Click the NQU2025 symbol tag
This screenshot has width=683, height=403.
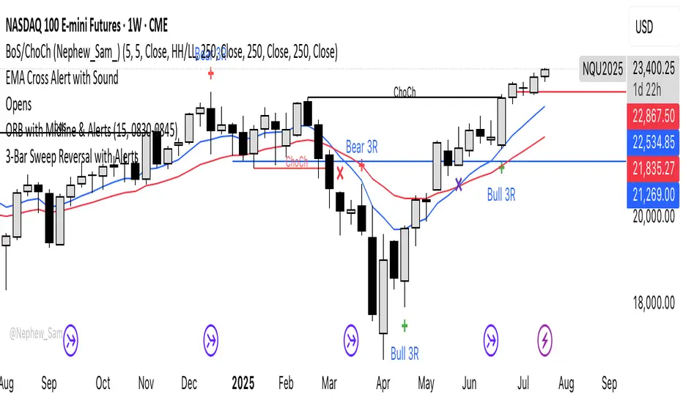pyautogui.click(x=602, y=69)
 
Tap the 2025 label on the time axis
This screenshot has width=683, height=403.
pyautogui.click(x=242, y=383)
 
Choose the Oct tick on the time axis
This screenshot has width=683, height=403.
pyautogui.click(x=103, y=383)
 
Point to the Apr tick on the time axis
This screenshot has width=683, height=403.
pyautogui.click(x=382, y=383)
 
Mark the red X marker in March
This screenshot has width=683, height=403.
pyautogui.click(x=341, y=174)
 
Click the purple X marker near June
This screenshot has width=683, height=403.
pyautogui.click(x=459, y=184)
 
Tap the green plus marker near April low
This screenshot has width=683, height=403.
pyautogui.click(x=405, y=325)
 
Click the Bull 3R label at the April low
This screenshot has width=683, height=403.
pyautogui.click(x=405, y=355)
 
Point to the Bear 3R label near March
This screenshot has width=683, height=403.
pyautogui.click(x=361, y=147)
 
